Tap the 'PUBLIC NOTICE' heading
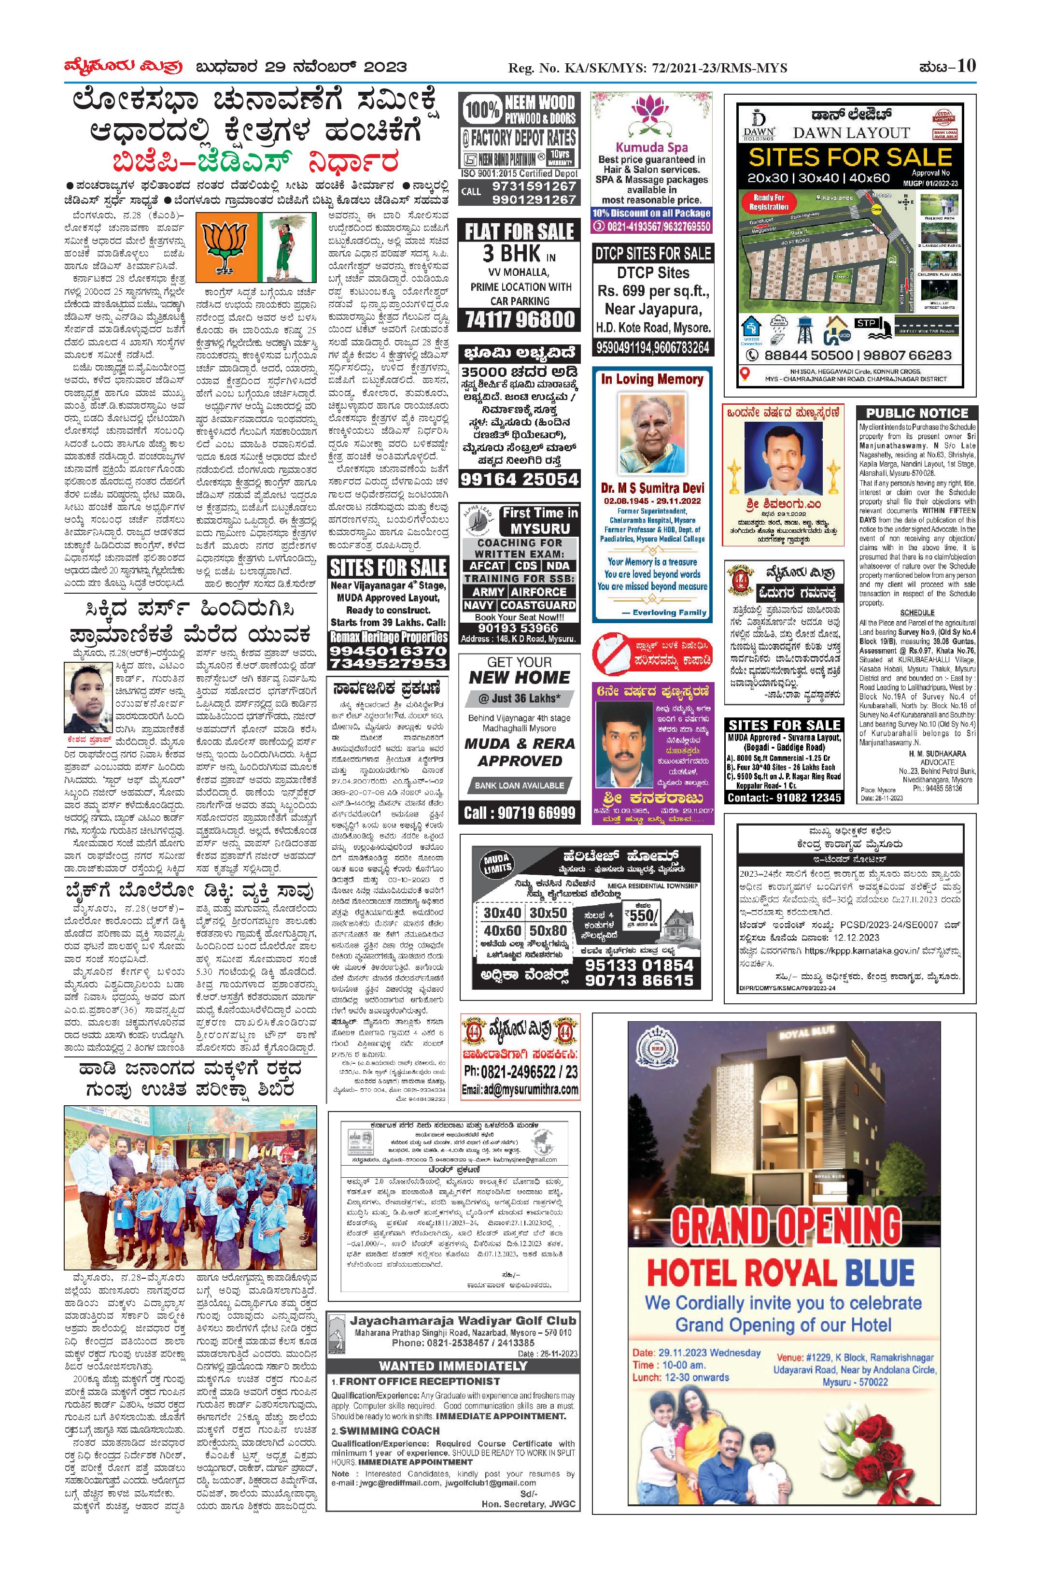[917, 413]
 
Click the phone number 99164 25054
[519, 479]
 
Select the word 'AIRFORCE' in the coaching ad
[538, 591]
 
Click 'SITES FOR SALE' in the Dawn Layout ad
[850, 157]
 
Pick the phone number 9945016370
[388, 651]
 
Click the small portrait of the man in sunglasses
[88, 698]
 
